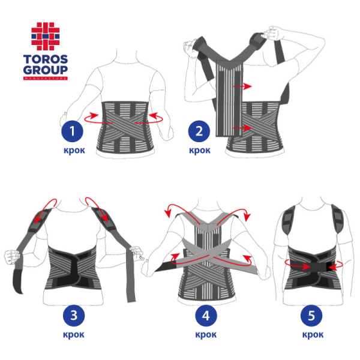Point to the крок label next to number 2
tap(199, 150)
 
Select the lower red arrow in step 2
tap(240, 128)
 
